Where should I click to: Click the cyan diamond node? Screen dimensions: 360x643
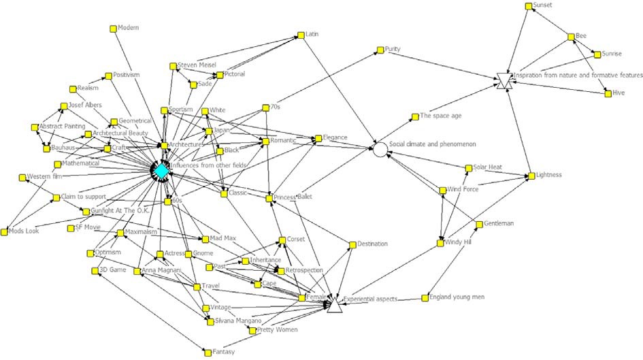[x=161, y=172]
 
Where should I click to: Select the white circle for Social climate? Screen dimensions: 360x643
[x=379, y=148]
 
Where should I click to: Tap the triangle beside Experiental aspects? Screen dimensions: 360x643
[x=334, y=305]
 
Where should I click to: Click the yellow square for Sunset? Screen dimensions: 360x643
[x=529, y=6]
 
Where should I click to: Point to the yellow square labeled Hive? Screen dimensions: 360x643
[x=608, y=93]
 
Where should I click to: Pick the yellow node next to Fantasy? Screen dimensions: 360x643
[x=207, y=352]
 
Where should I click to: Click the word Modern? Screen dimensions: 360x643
[x=128, y=28]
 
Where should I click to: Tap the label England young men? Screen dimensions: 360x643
[x=460, y=297]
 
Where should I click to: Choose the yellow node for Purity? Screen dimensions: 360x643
[x=378, y=50]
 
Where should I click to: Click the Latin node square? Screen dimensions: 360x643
[x=298, y=35]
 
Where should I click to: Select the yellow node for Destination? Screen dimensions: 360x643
[x=352, y=244]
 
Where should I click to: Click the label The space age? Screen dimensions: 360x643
[x=440, y=116]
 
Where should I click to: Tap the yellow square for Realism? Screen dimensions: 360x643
[x=72, y=88]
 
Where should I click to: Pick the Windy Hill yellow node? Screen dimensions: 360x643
[x=440, y=243]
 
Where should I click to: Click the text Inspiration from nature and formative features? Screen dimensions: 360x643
[x=578, y=76]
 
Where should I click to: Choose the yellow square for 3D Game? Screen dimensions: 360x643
[x=95, y=271]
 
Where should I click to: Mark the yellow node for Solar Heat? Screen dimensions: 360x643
[x=468, y=167]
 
